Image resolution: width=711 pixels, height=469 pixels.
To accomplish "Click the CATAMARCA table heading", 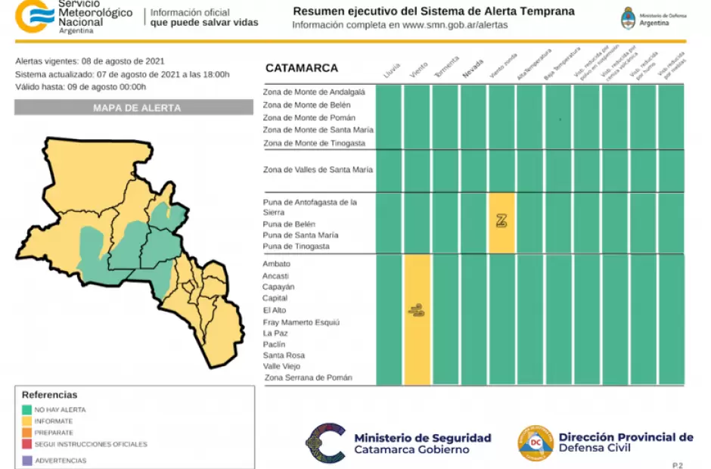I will pyautogui.click(x=301, y=68).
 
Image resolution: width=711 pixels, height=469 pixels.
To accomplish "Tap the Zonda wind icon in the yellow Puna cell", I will pyautogui.click(x=501, y=221).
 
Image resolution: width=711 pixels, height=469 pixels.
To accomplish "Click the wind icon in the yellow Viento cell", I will pyautogui.click(x=416, y=309).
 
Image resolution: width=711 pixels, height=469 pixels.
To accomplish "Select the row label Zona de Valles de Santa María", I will pyautogui.click(x=318, y=169).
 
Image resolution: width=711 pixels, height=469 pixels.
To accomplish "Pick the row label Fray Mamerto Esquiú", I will pyautogui.click(x=301, y=321).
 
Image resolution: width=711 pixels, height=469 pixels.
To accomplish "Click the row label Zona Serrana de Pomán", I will pyautogui.click(x=308, y=377).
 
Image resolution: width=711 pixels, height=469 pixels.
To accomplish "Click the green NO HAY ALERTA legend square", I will pyautogui.click(x=27, y=409).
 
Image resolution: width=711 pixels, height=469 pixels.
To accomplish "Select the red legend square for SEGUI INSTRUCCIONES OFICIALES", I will pyautogui.click(x=27, y=444).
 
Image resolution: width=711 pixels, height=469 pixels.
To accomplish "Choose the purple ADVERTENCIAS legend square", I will pyautogui.click(x=27, y=460).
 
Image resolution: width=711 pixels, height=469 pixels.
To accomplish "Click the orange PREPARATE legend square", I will pyautogui.click(x=27, y=432).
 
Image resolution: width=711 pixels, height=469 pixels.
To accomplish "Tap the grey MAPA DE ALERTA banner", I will pyautogui.click(x=134, y=108).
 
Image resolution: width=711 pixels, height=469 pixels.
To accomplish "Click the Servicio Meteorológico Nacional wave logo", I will pyautogui.click(x=35, y=14).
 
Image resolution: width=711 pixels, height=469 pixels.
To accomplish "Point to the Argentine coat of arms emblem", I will pyautogui.click(x=628, y=18).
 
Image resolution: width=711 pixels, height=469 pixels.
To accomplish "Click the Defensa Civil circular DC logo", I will pyautogui.click(x=535, y=443).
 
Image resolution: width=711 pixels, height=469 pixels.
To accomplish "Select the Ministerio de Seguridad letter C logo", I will pyautogui.click(x=325, y=443).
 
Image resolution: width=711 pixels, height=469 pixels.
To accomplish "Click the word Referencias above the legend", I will pyautogui.click(x=49, y=395).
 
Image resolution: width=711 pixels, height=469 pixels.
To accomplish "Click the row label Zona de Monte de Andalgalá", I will pyautogui.click(x=314, y=92).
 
